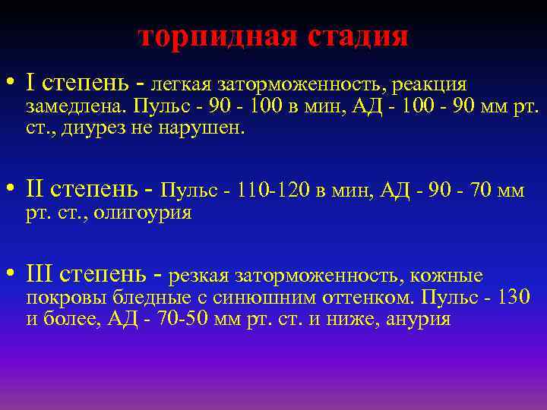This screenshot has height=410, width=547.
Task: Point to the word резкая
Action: pos(200,276)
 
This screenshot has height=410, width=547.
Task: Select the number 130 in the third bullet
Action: pos(514,297)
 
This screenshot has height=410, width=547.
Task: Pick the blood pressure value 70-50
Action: pos(181,320)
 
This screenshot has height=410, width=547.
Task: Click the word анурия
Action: pos(419,320)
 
